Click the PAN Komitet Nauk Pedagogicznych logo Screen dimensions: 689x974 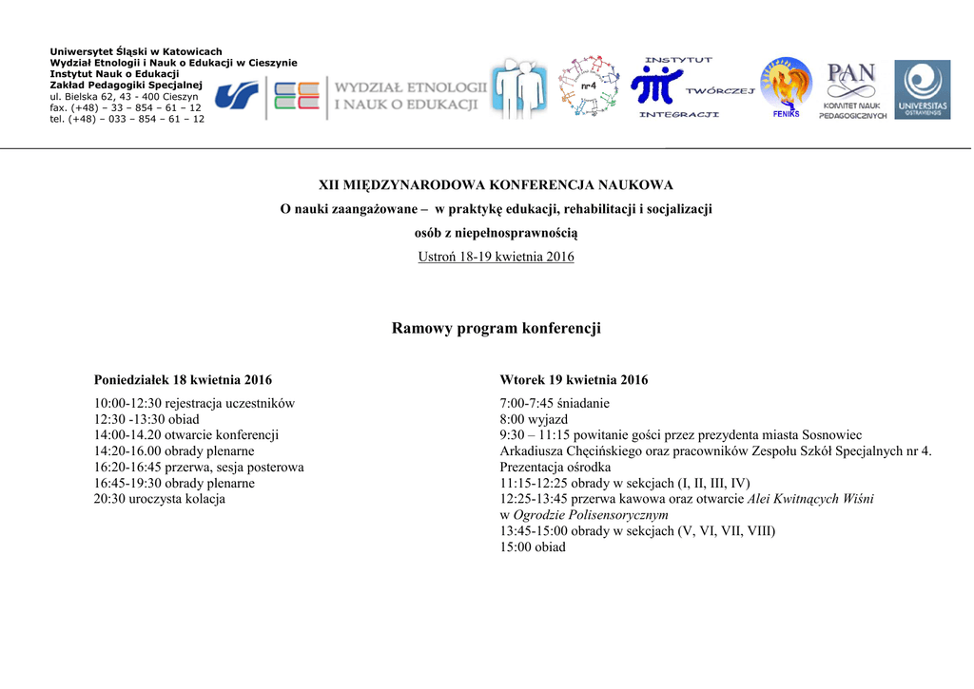(x=852, y=90)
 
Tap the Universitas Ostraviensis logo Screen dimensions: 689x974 (x=922, y=90)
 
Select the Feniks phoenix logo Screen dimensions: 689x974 (x=786, y=87)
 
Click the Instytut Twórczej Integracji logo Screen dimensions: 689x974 (x=691, y=87)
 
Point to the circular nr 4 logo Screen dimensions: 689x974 (x=587, y=87)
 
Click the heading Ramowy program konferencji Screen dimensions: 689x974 (x=496, y=329)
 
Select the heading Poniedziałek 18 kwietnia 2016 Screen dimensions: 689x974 (x=183, y=380)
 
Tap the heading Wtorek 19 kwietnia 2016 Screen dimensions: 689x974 (x=574, y=380)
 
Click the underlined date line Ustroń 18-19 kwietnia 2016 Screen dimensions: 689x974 (x=496, y=258)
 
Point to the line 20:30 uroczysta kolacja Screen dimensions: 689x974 (x=160, y=499)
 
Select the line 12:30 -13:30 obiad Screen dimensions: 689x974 (x=146, y=419)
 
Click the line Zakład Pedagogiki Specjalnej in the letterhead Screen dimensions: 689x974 (x=126, y=86)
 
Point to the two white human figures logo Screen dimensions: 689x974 (x=518, y=90)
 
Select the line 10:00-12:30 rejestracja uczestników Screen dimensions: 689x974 (x=194, y=403)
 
